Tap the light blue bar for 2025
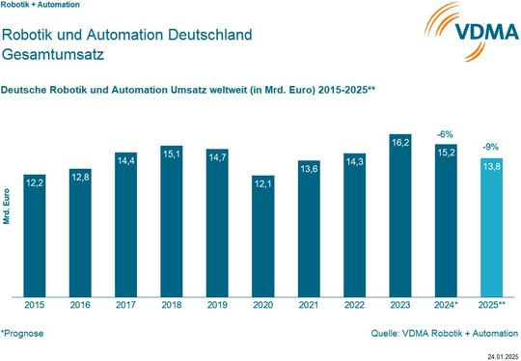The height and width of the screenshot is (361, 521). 490,232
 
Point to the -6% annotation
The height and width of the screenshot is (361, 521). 446,134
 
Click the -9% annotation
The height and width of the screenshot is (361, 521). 490,148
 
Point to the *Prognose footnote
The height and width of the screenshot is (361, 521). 23,333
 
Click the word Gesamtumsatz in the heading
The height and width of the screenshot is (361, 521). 47,56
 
